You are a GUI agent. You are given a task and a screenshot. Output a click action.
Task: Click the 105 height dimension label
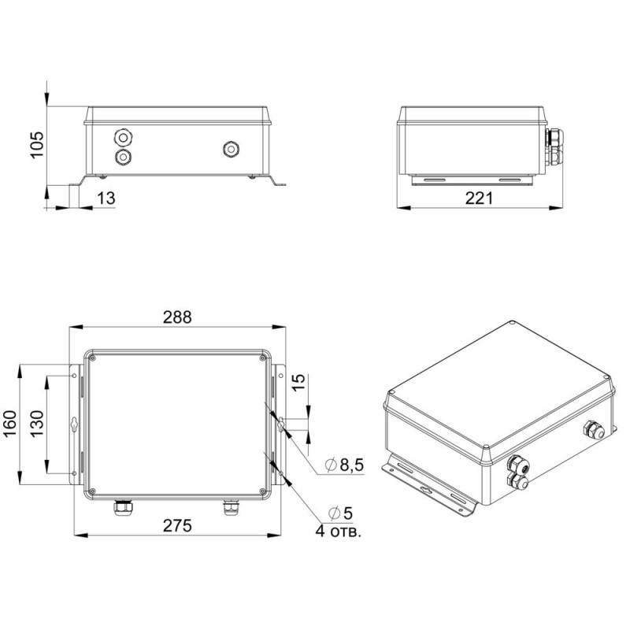point(36,145)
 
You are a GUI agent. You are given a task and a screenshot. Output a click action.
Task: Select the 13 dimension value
point(106,198)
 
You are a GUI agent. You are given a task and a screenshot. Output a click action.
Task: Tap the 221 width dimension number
point(479,198)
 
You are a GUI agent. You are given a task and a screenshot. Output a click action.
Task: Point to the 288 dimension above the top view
point(177,317)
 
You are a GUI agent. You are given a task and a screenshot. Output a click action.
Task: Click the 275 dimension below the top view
point(177,525)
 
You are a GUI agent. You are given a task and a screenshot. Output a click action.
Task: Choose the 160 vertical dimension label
point(10,424)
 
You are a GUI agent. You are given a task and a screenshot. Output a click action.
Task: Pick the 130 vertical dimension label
point(36,424)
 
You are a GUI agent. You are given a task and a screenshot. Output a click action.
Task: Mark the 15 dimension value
point(298,383)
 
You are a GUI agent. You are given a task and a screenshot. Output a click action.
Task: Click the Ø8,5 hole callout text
point(345,465)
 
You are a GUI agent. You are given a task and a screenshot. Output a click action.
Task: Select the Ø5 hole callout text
point(341,513)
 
